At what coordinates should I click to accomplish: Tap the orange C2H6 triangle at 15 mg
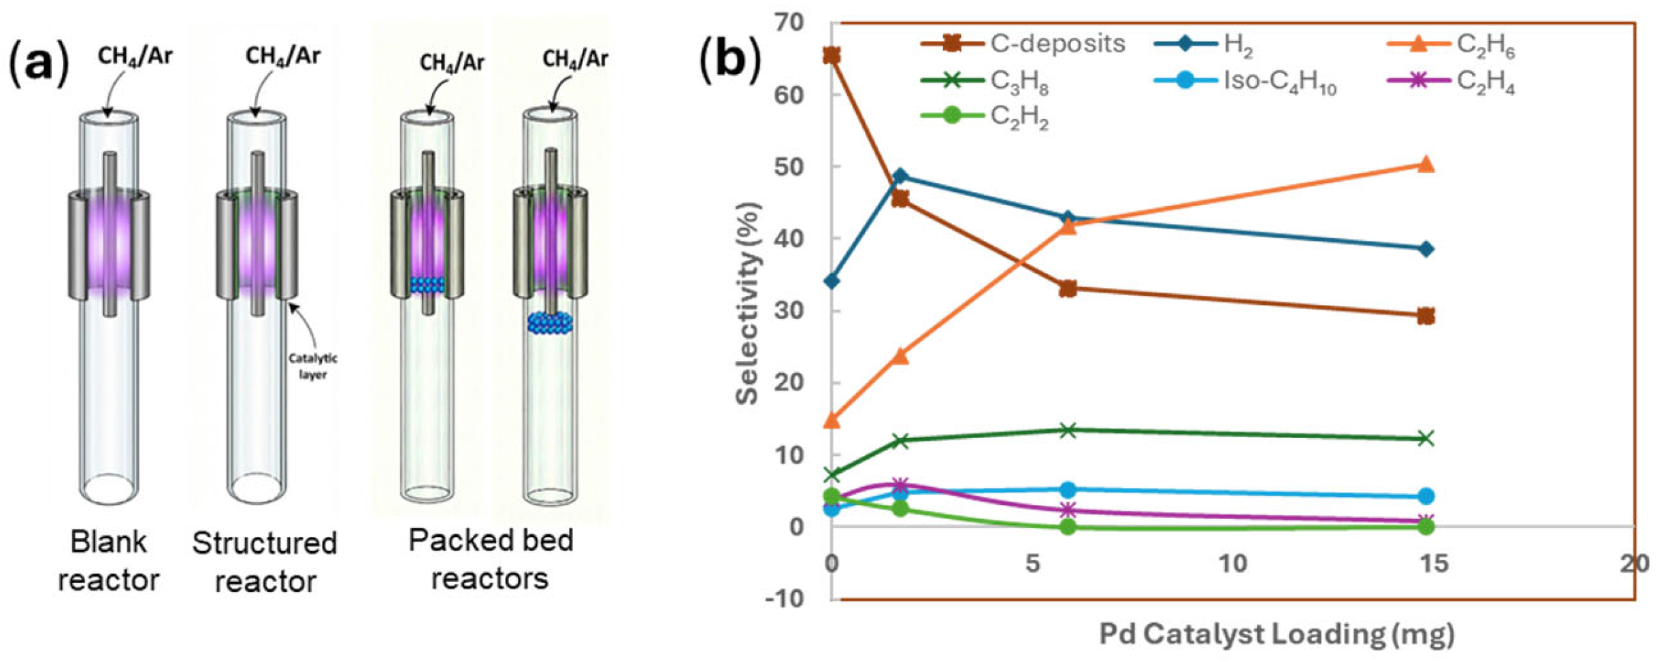coord(1426,165)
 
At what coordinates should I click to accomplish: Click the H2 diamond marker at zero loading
coord(832,280)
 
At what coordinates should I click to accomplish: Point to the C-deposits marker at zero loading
coord(832,55)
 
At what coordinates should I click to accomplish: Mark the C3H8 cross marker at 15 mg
coord(1426,438)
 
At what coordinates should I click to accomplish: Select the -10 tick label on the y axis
coord(784,599)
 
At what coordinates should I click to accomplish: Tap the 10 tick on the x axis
coord(1232,563)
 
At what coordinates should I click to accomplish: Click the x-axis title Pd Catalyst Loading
coord(1277,634)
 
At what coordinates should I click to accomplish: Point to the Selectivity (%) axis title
coord(747,303)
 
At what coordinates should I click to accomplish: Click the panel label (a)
coord(39,63)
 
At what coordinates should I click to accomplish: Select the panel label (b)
coord(730,61)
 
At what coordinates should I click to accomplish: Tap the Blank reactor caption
coord(108,561)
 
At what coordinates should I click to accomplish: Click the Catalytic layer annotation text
coord(312,366)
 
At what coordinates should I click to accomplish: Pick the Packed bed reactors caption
coord(490,559)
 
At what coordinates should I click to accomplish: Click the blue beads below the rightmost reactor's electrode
coord(550,322)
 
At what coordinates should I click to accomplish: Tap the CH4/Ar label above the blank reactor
coord(135,56)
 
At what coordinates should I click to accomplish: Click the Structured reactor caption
coord(265,562)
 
